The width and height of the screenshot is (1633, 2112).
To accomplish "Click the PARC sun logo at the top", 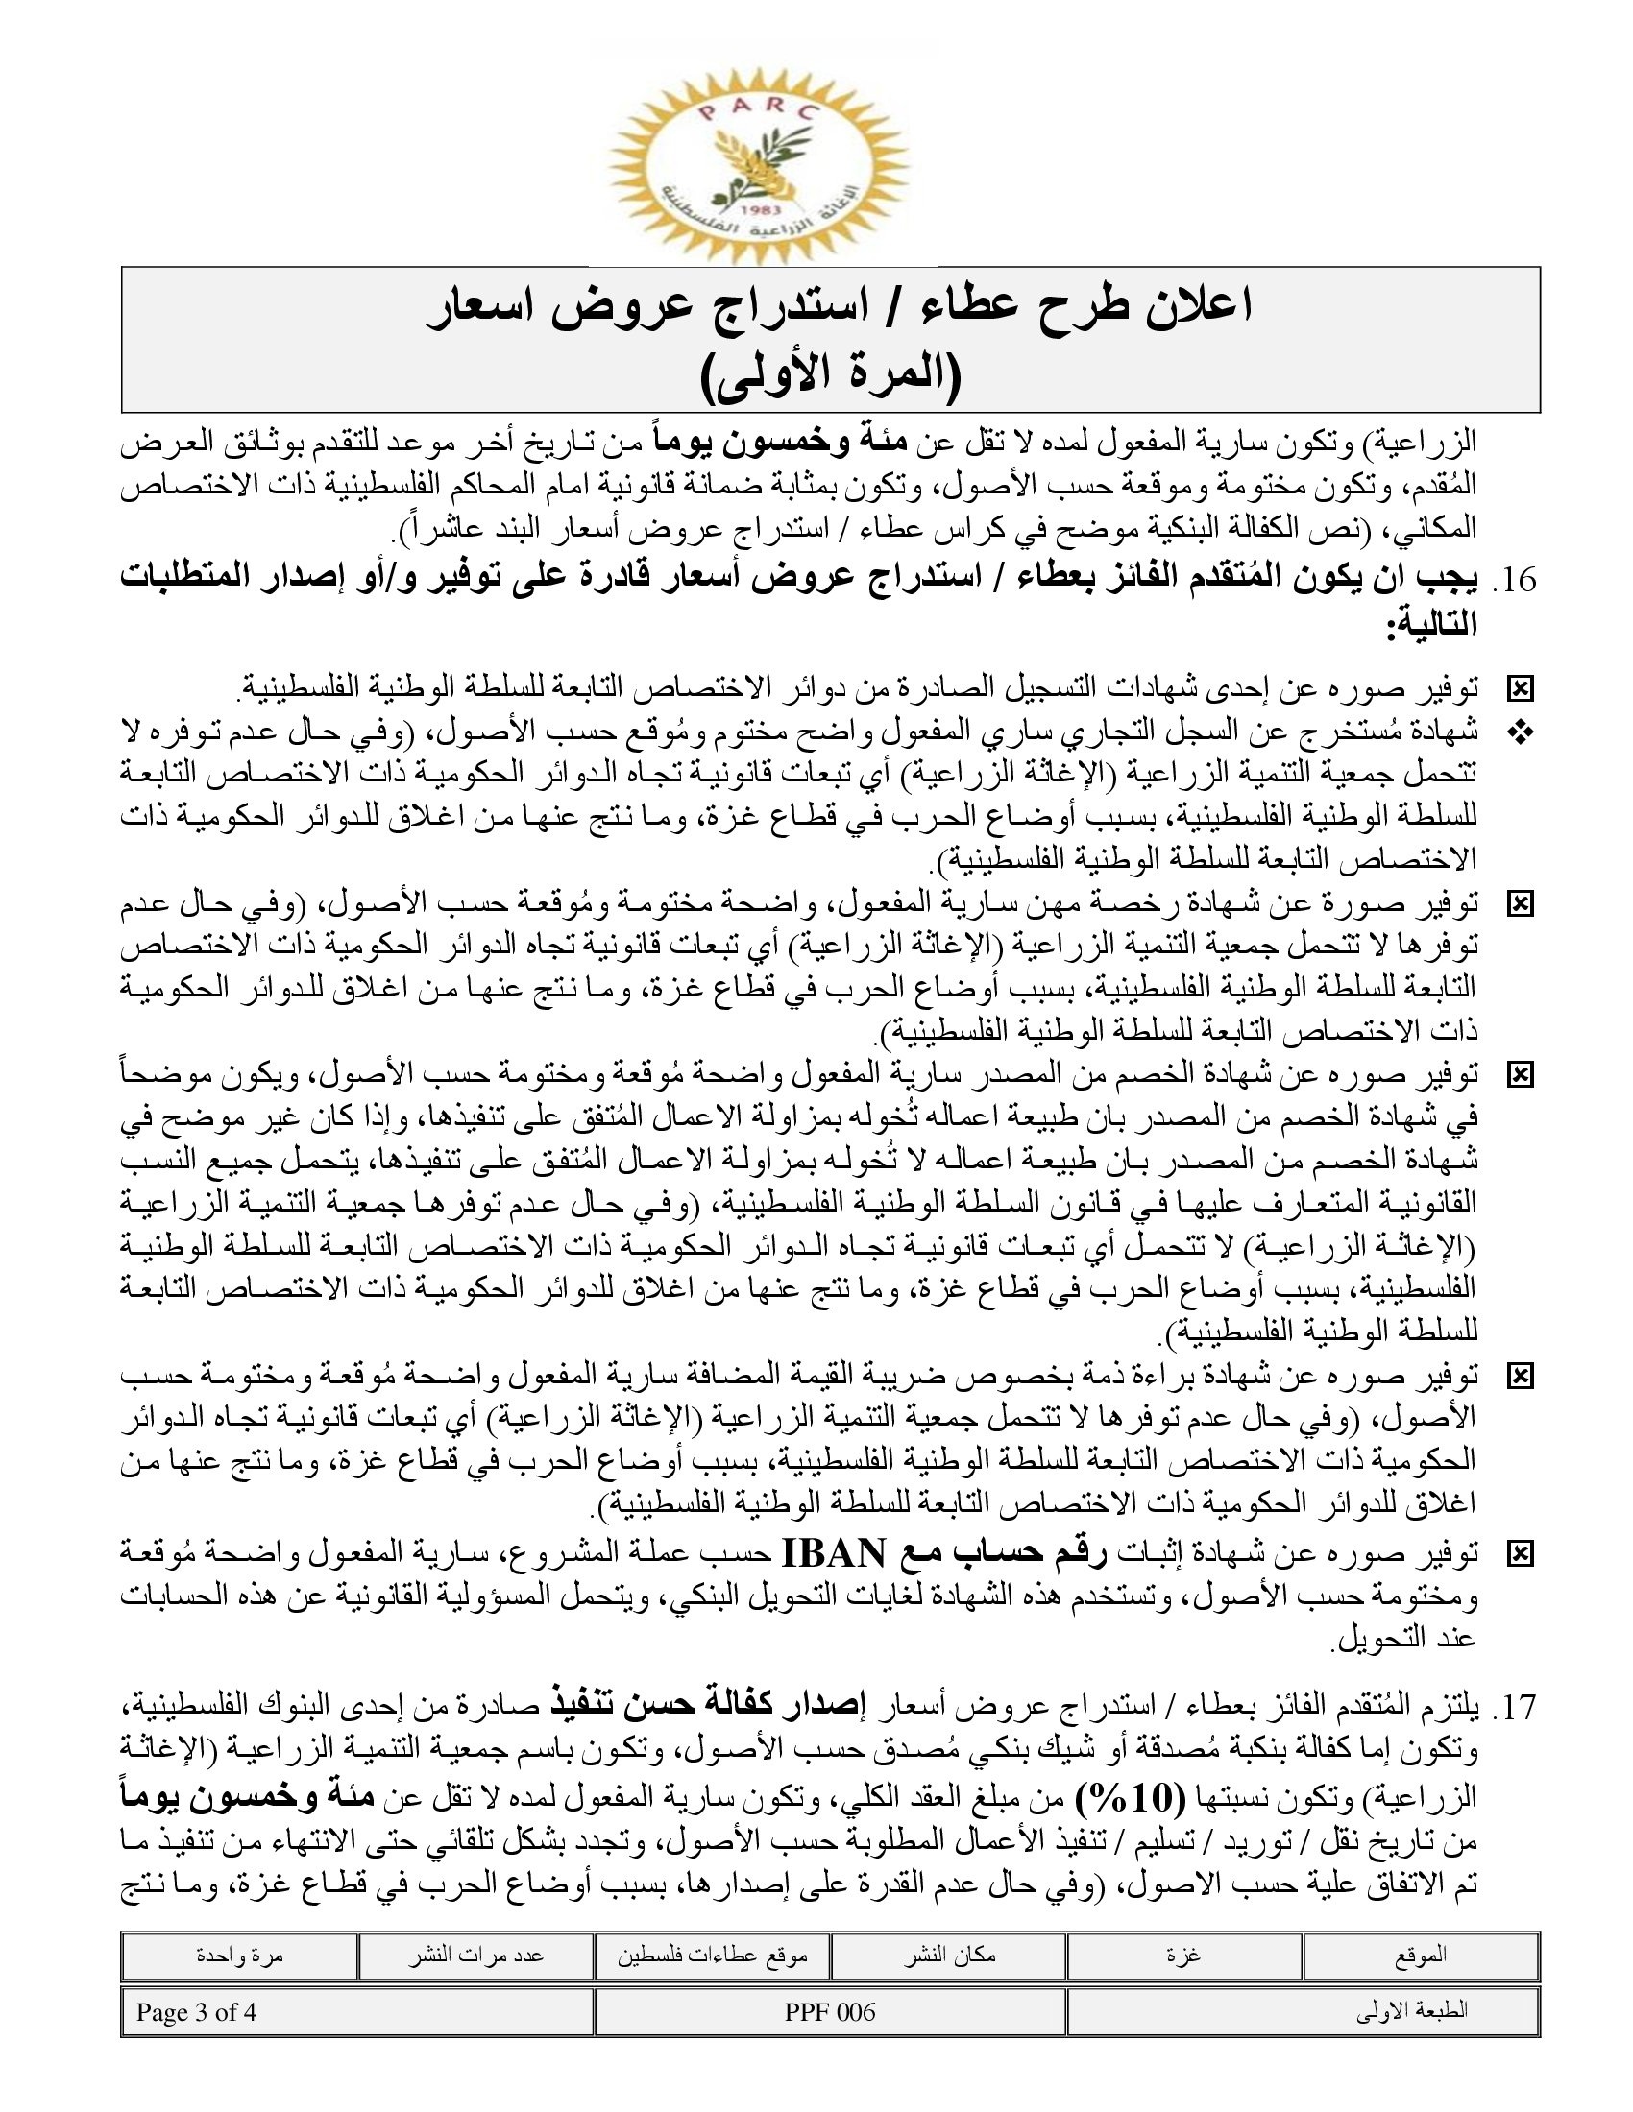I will [x=760, y=159].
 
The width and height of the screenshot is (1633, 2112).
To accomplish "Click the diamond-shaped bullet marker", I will [x=1520, y=734].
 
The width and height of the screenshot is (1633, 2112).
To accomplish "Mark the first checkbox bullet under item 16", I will [x=1520, y=689].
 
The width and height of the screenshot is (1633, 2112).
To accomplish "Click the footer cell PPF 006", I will [x=830, y=2012].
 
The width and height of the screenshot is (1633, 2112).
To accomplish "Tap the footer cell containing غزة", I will [x=1184, y=1955].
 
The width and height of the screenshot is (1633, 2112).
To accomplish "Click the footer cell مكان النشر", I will [x=948, y=1955].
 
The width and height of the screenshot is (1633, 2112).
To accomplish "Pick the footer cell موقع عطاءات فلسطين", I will [x=712, y=1955].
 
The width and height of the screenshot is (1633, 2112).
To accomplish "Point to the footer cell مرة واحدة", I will [x=239, y=1955].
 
